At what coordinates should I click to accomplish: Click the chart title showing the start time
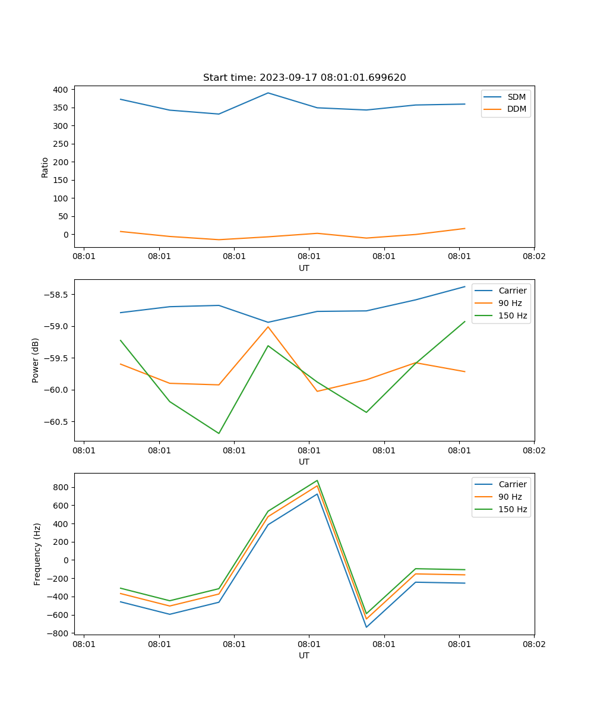point(304,78)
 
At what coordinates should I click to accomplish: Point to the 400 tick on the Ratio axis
point(62,90)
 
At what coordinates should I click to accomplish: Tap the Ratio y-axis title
point(45,167)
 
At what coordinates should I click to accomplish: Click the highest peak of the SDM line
point(268,93)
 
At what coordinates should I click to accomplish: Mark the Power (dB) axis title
point(36,360)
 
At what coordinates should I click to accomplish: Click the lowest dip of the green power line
point(219,433)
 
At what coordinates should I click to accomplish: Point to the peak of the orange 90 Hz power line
point(268,327)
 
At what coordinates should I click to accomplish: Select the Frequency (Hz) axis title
point(37,554)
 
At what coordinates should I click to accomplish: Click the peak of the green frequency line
point(317,481)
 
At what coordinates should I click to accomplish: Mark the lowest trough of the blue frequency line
point(366,627)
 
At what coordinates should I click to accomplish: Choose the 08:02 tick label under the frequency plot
point(533,643)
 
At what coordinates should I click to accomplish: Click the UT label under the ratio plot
point(304,268)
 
